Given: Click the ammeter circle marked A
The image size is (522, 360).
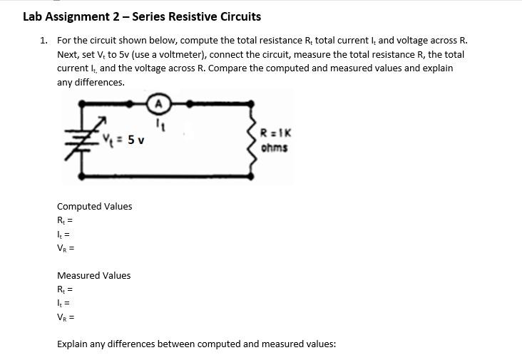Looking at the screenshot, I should pos(159,104).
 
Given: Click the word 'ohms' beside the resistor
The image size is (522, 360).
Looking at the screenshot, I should pos(275,148).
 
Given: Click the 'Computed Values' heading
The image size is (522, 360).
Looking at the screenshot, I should pos(94,207).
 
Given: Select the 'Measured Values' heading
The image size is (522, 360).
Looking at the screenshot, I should pos(93,276).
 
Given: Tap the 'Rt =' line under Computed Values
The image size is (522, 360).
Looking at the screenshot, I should pos(65,221).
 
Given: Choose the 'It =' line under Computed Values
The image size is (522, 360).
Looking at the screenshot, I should pos(63,235).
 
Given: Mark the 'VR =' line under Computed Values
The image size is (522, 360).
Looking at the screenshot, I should pos(66,249).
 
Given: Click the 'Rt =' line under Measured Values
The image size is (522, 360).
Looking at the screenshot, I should pos(65,290).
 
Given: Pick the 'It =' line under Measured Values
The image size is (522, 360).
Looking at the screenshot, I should pos(63,304).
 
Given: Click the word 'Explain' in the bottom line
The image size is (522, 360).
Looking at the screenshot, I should pos(73,344).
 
